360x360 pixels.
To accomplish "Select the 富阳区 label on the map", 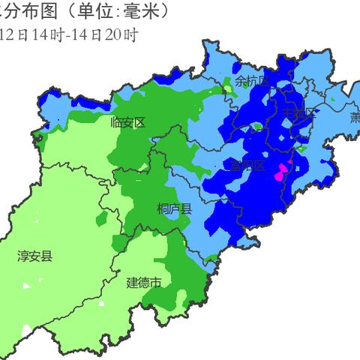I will [x=248, y=166].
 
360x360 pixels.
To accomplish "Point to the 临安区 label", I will [x=127, y=122].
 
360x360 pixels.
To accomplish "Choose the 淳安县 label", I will [x=35, y=257].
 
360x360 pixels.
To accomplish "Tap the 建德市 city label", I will [x=143, y=283].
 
